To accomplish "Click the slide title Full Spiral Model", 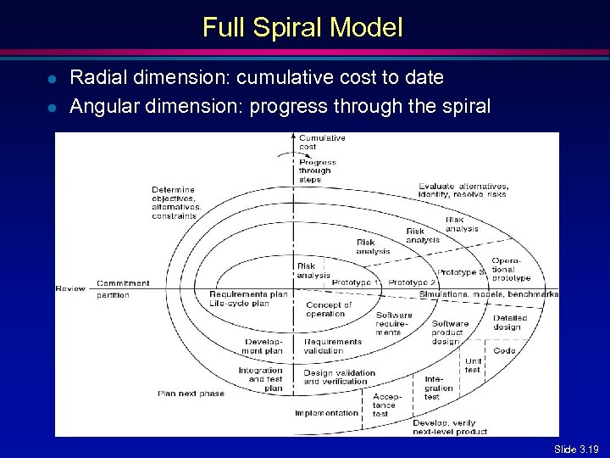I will [302, 28].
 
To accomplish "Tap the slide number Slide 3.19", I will [576, 448].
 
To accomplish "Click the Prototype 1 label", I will [356, 282].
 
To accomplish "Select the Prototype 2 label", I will [412, 282].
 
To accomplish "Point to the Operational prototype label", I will [511, 269].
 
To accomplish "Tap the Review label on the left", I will [70, 288].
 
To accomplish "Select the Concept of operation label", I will [329, 310].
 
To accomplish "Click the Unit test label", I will [473, 365].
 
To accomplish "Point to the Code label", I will [505, 350].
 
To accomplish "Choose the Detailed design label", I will [510, 322].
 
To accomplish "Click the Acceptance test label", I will [384, 405].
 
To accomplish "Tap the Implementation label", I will [326, 413].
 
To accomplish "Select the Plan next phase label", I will [191, 394].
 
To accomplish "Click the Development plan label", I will [263, 346].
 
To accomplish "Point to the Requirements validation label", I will [333, 346].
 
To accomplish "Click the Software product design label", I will [450, 332].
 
